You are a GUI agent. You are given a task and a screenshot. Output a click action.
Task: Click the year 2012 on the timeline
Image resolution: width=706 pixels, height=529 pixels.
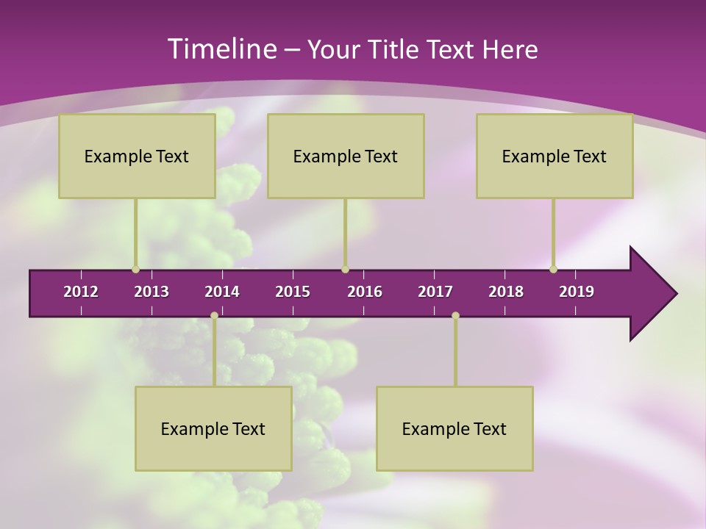click(x=81, y=292)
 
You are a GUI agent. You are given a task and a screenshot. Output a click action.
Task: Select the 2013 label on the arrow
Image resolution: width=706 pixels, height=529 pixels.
click(x=151, y=292)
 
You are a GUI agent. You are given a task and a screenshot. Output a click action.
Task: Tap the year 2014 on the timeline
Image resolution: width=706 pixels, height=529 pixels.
click(x=222, y=292)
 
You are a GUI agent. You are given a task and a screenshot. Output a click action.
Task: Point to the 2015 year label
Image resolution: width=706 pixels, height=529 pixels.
click(x=293, y=292)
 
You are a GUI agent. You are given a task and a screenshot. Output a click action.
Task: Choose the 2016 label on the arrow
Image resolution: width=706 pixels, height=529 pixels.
click(x=365, y=292)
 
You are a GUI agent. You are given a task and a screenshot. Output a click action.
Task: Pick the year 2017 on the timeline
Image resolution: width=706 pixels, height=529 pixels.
click(x=435, y=292)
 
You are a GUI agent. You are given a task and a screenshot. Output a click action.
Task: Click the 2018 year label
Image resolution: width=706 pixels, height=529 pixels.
click(x=506, y=292)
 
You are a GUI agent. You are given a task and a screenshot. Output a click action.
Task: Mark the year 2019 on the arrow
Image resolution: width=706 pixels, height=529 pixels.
click(x=577, y=292)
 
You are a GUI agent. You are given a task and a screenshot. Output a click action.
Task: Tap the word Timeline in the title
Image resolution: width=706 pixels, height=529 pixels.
click(x=221, y=49)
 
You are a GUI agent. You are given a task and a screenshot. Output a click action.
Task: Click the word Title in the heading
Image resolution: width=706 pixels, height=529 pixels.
click(x=393, y=50)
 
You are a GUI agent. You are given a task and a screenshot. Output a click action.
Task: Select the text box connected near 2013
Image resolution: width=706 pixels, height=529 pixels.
click(x=137, y=156)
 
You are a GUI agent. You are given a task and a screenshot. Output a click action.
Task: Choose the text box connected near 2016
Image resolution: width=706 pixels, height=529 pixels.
click(x=346, y=156)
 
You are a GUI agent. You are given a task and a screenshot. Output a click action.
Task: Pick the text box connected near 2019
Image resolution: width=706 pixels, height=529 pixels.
click(x=555, y=156)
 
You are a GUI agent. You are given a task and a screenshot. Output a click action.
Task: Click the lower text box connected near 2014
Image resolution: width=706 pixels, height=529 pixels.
click(x=213, y=428)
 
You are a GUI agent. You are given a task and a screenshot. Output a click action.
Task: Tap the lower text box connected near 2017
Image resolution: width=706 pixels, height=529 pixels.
click(x=454, y=428)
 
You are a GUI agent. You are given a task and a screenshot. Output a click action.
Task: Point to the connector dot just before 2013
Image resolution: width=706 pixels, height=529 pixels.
click(x=135, y=269)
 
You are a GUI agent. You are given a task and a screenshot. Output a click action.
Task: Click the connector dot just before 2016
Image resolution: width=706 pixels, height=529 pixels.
click(x=346, y=269)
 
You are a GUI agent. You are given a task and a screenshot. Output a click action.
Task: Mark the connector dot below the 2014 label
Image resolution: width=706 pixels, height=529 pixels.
click(x=214, y=315)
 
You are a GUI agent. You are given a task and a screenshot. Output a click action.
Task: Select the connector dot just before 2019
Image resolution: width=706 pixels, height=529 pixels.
click(x=554, y=269)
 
